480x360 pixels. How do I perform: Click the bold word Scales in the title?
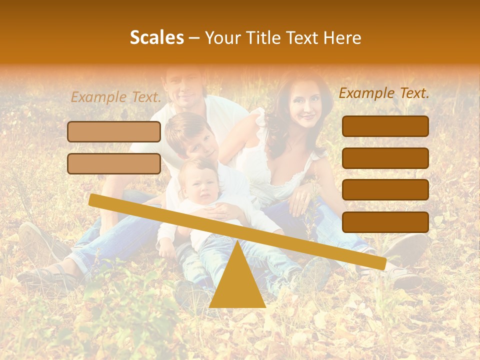click(156, 37)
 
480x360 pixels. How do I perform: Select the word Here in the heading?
click(342, 37)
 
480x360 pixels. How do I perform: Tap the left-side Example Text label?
click(116, 97)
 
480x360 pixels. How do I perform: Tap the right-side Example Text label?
click(384, 93)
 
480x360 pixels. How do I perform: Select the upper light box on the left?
click(114, 131)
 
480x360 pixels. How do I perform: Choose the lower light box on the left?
click(114, 163)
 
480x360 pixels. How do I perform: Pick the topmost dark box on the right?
click(385, 126)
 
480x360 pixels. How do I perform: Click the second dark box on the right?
click(385, 158)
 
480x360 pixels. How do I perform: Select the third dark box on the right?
click(385, 190)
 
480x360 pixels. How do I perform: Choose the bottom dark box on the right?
click(385, 222)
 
